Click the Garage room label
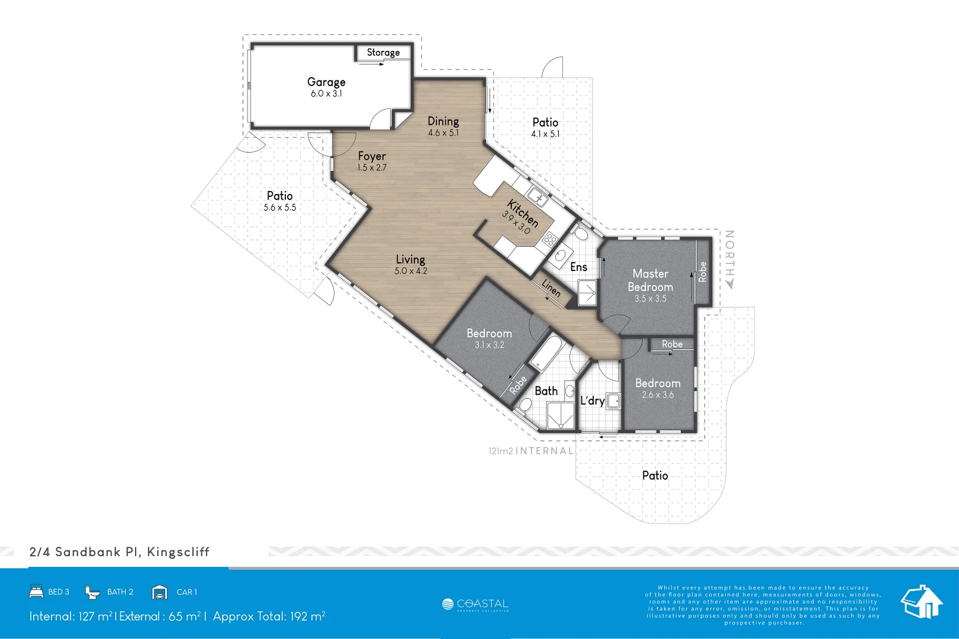pos(326,82)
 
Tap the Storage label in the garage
pos(383,53)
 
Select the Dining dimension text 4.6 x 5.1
pos(443,133)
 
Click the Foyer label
pos(372,156)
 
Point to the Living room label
pos(410,259)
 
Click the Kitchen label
pos(523,214)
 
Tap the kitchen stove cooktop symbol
pos(549,240)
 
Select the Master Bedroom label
pos(650,280)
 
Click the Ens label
pos(578,267)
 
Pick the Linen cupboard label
pos(551,288)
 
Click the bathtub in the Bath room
pos(548,354)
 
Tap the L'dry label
pos(592,401)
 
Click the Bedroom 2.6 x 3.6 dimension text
pos(658,395)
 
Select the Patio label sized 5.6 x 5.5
pos(279,196)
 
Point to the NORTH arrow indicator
pos(730,283)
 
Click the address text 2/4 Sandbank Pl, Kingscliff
pos(119,552)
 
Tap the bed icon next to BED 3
pos(36,592)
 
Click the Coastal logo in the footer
pos(475,605)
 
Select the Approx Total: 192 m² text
pos(269,617)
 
